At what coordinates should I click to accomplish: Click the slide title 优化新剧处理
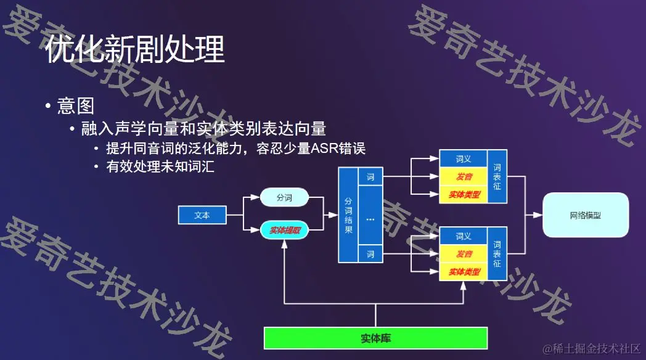coord(135,49)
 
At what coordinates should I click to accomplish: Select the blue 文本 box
coord(202,215)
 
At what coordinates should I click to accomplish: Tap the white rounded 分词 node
coord(284,198)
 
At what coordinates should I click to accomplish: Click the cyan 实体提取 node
coord(284,231)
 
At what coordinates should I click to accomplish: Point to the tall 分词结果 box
coord(348,215)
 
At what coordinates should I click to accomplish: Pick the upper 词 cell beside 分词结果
coord(370,178)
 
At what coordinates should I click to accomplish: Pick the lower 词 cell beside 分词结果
coord(370,253)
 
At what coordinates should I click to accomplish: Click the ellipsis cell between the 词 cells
coord(370,218)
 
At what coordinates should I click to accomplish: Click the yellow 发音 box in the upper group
coord(463,178)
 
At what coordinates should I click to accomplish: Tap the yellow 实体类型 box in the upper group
coord(463,195)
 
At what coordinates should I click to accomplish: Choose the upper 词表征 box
coord(497,177)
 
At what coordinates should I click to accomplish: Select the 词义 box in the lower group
coord(463,236)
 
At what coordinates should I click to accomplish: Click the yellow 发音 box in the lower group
coord(463,254)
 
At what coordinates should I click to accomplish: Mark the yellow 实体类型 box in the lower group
coord(463,271)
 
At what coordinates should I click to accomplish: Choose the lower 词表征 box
coord(497,253)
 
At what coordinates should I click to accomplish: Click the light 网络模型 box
coord(585,215)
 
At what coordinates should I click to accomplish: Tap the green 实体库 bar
coord(375,338)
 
